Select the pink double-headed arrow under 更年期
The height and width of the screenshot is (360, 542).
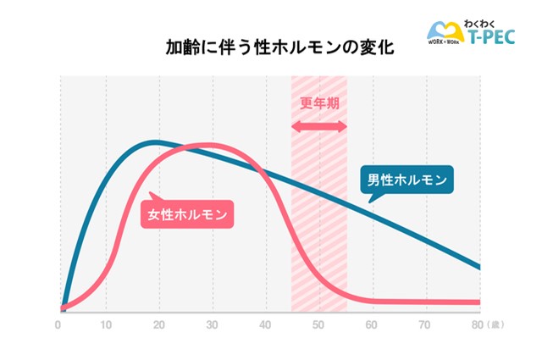click(319, 126)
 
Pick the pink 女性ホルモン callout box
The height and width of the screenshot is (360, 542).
click(186, 214)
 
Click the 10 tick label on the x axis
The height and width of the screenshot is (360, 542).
click(105, 324)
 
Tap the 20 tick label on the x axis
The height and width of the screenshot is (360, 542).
click(158, 324)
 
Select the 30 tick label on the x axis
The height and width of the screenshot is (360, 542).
click(211, 324)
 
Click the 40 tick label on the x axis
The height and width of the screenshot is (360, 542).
click(264, 324)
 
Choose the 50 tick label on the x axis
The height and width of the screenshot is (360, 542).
click(318, 324)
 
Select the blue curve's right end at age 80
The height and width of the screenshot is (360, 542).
click(479, 268)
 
